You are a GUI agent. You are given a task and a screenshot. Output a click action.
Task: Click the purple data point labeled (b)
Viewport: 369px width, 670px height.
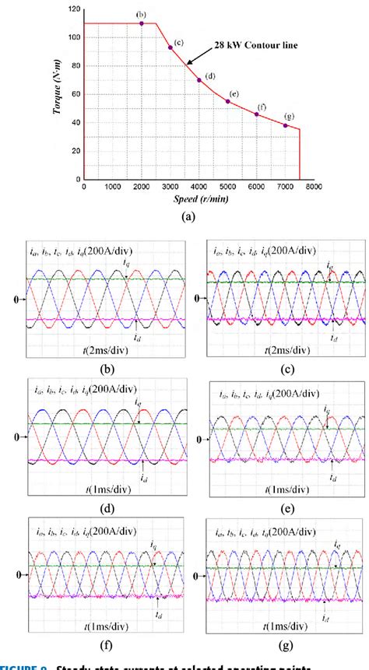tap(142, 23)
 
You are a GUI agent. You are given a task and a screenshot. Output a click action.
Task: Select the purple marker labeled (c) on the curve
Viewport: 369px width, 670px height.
tap(170, 47)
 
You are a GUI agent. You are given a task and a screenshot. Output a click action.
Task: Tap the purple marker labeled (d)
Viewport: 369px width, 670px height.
tap(199, 80)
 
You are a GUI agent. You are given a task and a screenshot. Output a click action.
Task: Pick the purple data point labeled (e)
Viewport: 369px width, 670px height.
tap(228, 101)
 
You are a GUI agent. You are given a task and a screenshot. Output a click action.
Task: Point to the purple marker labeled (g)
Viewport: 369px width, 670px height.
tap(286, 125)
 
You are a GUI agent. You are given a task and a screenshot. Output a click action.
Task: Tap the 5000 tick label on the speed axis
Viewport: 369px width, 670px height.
tap(228, 188)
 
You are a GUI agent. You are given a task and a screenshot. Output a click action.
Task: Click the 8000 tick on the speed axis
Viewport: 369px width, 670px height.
tap(314, 188)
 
